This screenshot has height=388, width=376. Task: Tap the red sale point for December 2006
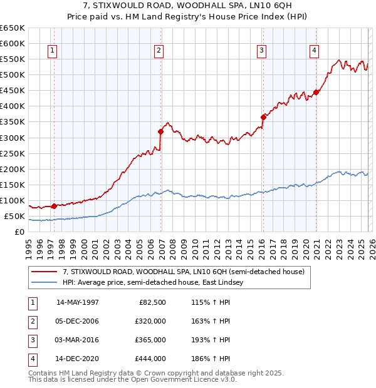coord(161,131)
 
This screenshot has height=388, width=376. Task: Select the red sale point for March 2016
coord(263,116)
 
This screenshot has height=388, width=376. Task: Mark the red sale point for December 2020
coord(316,92)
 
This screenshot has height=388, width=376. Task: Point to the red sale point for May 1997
coord(55,205)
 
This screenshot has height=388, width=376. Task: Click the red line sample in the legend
coord(44,272)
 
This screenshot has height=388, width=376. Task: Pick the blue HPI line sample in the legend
coord(44,283)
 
